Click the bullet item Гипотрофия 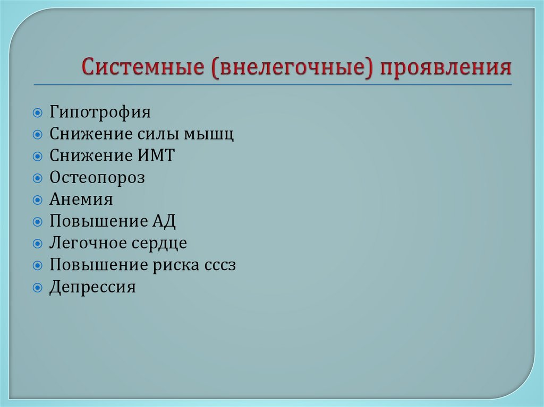click(x=100, y=113)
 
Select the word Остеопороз click(x=97, y=178)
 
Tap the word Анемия click(x=81, y=200)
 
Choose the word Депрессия click(x=93, y=288)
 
